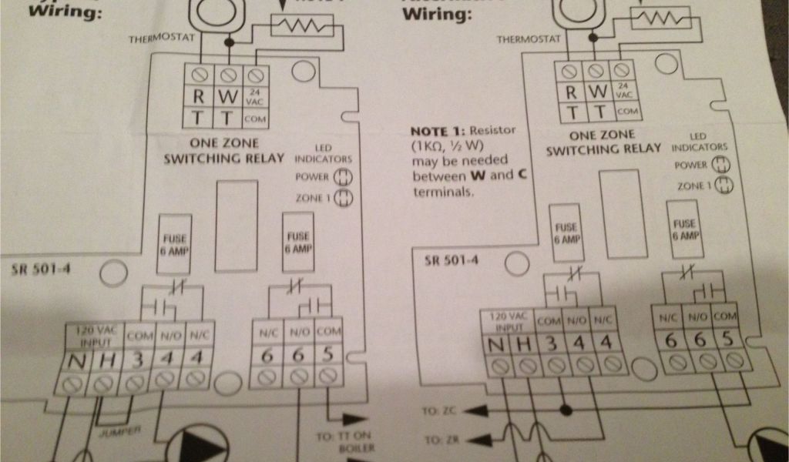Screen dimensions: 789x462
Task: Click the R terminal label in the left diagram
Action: pos(200,98)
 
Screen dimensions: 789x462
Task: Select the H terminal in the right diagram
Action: pos(525,343)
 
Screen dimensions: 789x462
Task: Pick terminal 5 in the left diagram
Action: pos(328,357)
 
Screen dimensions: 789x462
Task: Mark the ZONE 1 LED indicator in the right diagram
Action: pos(724,186)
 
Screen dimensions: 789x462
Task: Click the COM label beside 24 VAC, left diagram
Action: pos(256,119)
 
